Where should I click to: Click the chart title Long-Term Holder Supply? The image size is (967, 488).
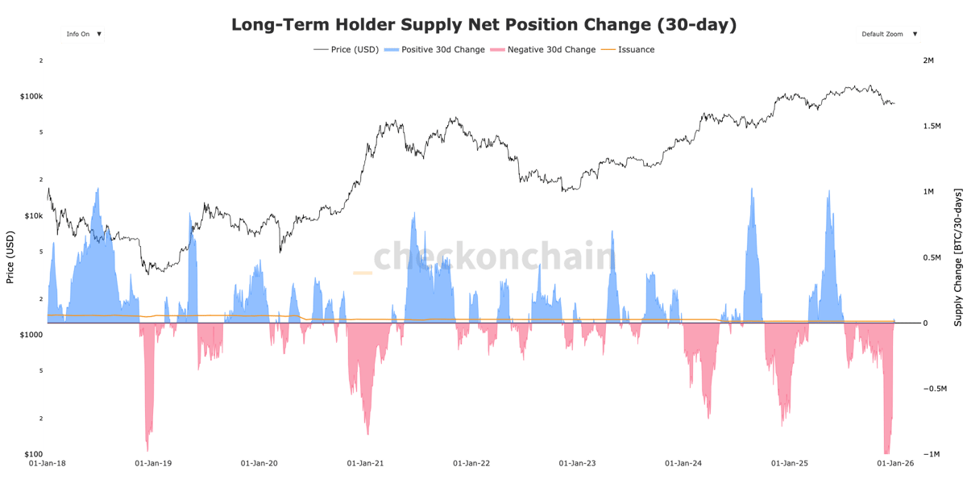click(x=483, y=25)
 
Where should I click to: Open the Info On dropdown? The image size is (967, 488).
click(x=82, y=34)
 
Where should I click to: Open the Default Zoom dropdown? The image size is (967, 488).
click(x=888, y=34)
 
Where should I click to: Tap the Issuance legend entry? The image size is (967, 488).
click(x=636, y=50)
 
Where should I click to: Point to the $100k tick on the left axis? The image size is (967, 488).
click(x=31, y=97)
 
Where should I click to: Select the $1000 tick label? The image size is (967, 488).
click(x=31, y=335)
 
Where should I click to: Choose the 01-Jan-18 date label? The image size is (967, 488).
click(x=48, y=464)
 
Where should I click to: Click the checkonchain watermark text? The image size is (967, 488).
click(x=494, y=257)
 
